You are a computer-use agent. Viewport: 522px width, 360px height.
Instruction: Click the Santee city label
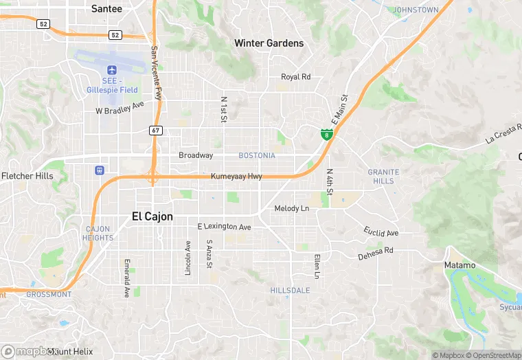[x=106, y=9]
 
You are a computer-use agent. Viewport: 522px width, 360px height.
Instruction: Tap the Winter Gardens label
[x=269, y=43]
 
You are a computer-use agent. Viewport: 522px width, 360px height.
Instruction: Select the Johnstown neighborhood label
[x=416, y=10]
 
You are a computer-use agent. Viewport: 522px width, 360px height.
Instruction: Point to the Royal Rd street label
[x=296, y=77]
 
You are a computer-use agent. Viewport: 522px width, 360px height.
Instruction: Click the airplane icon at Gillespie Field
[x=112, y=70]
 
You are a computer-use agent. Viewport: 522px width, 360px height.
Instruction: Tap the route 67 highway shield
[x=156, y=130]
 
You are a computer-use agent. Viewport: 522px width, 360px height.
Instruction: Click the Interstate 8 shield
[x=327, y=133]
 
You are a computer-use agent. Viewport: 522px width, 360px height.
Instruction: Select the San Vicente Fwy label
[x=156, y=72]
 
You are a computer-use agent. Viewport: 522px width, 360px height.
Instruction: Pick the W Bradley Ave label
[x=120, y=109]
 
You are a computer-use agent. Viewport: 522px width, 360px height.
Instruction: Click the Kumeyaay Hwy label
[x=237, y=177]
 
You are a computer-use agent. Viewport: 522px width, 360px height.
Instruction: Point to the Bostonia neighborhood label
[x=257, y=156]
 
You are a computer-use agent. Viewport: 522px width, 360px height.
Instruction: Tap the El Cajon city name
[x=152, y=216]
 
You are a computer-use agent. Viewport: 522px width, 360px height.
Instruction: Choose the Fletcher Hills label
[x=27, y=176]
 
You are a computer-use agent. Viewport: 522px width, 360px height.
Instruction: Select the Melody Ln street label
[x=291, y=208]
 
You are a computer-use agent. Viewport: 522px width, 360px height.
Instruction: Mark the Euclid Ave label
[x=382, y=233]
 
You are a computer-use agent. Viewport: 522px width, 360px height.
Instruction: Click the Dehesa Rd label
[x=376, y=254]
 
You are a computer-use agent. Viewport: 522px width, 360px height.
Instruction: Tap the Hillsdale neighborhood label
[x=290, y=291]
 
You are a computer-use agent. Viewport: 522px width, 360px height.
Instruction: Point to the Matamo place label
[x=459, y=265]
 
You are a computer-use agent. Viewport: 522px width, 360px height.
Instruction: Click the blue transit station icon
[x=101, y=170]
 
